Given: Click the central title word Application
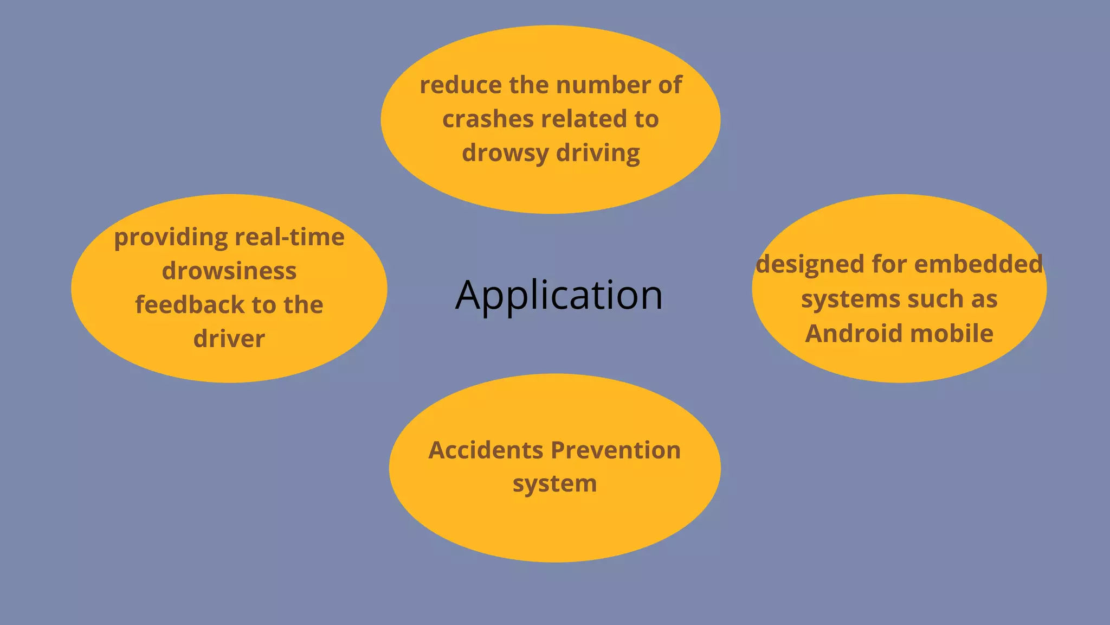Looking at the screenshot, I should tap(559, 295).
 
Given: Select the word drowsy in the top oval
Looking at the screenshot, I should tap(505, 154).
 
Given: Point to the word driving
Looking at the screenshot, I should tap(598, 154).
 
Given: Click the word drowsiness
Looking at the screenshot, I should tap(229, 271).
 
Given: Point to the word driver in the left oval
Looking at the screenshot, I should tap(229, 339).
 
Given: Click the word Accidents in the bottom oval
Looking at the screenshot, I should tap(486, 450).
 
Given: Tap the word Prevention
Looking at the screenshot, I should tap(616, 450).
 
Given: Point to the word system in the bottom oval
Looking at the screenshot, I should tap(554, 484).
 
